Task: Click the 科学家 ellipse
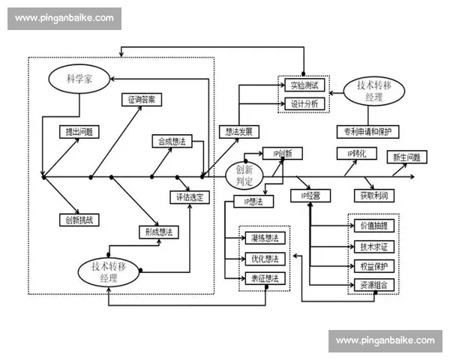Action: [x=80, y=78]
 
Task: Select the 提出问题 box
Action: [x=80, y=132]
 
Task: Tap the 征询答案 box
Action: [x=142, y=100]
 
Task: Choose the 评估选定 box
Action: [x=190, y=197]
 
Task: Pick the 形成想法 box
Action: [x=157, y=232]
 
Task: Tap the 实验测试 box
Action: [x=304, y=85]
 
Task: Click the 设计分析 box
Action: [x=304, y=103]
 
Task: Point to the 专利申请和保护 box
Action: [x=367, y=132]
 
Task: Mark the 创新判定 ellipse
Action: [x=244, y=174]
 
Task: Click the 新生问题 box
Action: [x=406, y=157]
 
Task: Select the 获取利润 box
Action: [x=373, y=196]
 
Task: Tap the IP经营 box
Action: [x=310, y=196]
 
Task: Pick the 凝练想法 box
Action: [x=265, y=238]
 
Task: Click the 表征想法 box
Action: [x=265, y=278]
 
